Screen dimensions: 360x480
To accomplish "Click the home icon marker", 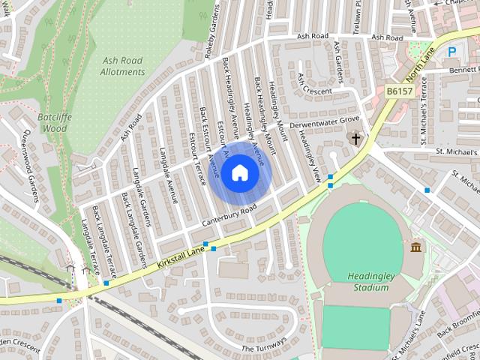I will point(239,173).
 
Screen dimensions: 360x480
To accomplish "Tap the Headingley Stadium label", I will point(371,281).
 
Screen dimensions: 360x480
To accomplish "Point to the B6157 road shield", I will point(400,91).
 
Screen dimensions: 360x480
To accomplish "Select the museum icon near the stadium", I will point(415,247).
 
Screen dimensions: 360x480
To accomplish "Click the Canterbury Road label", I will point(229,216).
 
